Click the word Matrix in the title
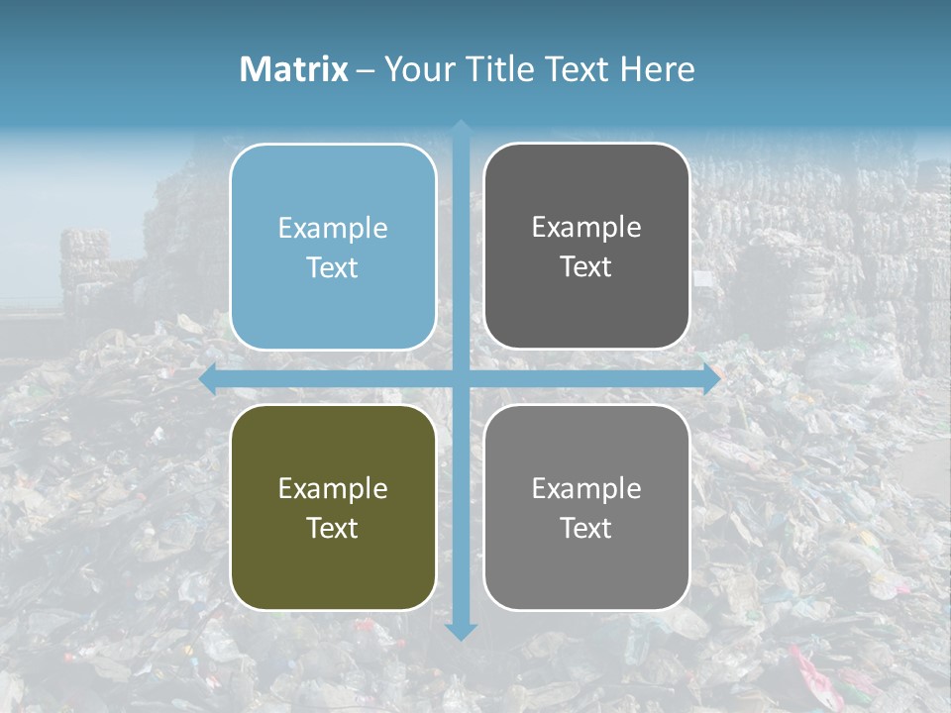tap(294, 69)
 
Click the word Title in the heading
tap(500, 69)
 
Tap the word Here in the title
tap(658, 69)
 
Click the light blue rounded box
tap(333, 247)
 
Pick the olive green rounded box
tap(333, 507)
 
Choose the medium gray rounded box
tap(586, 507)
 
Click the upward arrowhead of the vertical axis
tap(461, 128)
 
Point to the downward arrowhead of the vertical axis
tap(461, 632)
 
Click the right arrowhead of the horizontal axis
tap(711, 379)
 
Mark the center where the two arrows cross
tap(461, 379)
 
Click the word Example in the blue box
tap(333, 228)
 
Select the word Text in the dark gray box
tap(586, 266)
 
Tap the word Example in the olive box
tap(333, 488)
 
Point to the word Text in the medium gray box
tap(586, 528)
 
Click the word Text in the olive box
tap(333, 528)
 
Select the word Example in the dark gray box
tap(586, 227)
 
